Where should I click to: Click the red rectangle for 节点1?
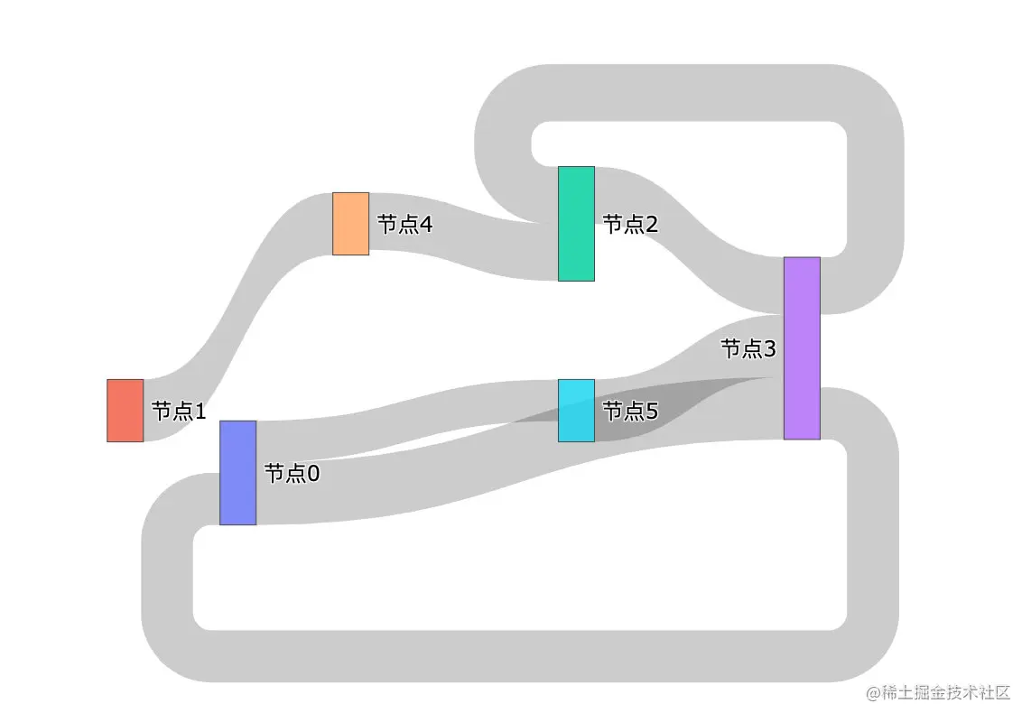click(x=125, y=411)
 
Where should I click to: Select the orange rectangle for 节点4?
click(x=350, y=224)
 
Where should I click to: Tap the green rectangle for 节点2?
click(x=576, y=224)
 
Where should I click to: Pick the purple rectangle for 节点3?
click(x=802, y=348)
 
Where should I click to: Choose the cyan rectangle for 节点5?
click(x=576, y=411)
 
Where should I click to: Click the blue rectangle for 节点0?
click(x=237, y=473)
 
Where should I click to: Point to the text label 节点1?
click(x=179, y=412)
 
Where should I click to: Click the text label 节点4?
click(x=404, y=225)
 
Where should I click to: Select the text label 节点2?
click(x=630, y=225)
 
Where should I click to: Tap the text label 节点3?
click(x=748, y=348)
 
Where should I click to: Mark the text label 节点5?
click(x=630, y=412)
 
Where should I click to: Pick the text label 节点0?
click(x=292, y=474)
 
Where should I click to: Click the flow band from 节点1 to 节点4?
click(x=239, y=298)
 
